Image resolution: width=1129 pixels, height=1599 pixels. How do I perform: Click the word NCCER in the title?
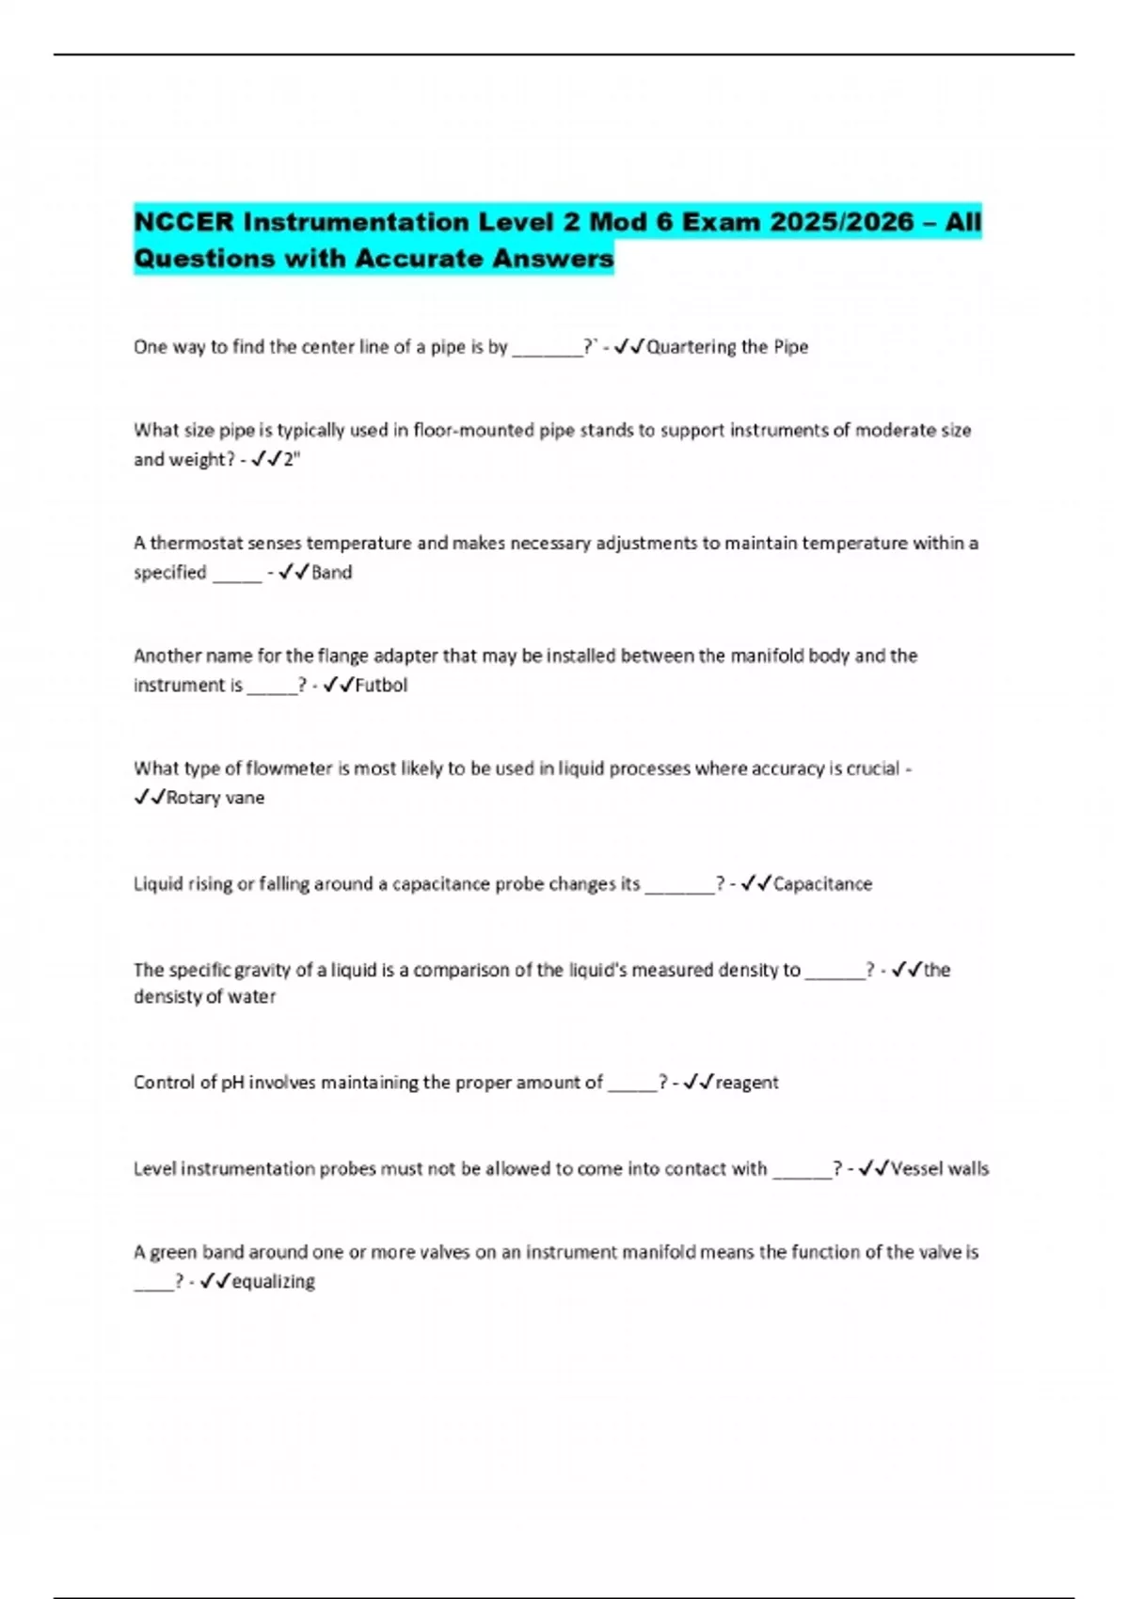pyautogui.click(x=183, y=222)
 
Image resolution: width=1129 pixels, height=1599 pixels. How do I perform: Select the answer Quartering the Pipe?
pyautogui.click(x=727, y=347)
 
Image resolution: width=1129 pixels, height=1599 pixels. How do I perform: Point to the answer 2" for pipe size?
pyautogui.click(x=292, y=459)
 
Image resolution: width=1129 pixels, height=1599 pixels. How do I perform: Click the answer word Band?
pyautogui.click(x=331, y=572)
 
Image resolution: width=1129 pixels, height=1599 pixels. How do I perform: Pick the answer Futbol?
pyautogui.click(x=381, y=685)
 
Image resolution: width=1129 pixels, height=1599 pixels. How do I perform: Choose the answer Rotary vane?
pyautogui.click(x=215, y=798)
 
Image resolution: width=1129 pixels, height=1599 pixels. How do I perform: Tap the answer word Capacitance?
pyautogui.click(x=822, y=883)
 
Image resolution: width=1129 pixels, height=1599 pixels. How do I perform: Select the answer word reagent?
pyautogui.click(x=747, y=1083)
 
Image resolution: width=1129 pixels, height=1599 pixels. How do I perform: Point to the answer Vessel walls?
pyautogui.click(x=939, y=1168)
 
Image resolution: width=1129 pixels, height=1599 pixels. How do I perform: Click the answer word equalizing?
pyautogui.click(x=273, y=1281)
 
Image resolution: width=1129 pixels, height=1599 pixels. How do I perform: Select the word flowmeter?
pyautogui.click(x=289, y=768)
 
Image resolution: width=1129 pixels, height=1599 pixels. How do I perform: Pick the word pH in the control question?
pyautogui.click(x=232, y=1083)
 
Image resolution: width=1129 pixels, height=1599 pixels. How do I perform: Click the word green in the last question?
pyautogui.click(x=173, y=1252)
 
